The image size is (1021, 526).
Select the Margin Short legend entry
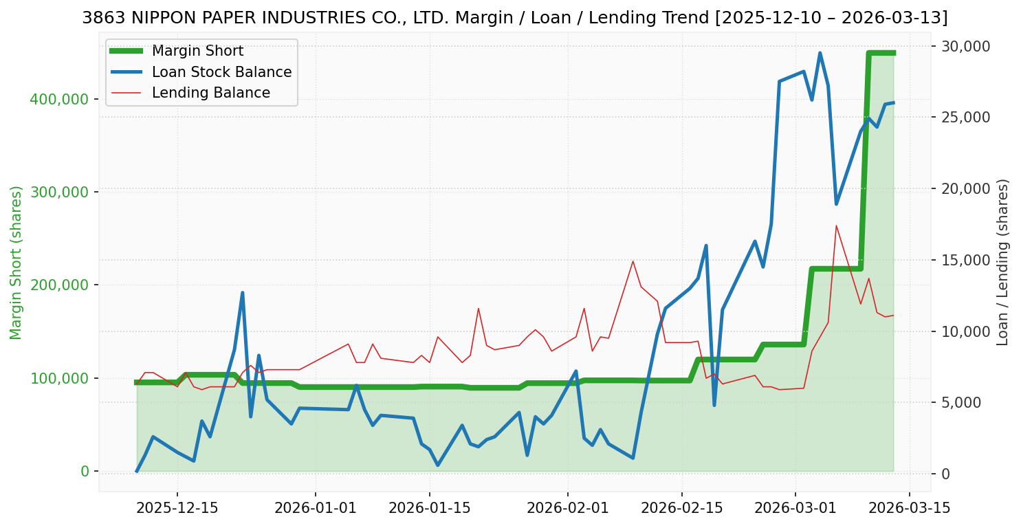pyautogui.click(x=197, y=51)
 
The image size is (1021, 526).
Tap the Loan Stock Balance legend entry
pyautogui.click(x=221, y=72)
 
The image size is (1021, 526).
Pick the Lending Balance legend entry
pyautogui.click(x=210, y=93)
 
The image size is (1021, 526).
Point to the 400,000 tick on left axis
pyautogui.click(x=59, y=99)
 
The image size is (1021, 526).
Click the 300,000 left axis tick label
pyautogui.click(x=59, y=192)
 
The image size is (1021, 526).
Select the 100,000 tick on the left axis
pyautogui.click(x=59, y=378)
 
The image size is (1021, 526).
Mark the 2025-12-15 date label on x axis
pyautogui.click(x=177, y=508)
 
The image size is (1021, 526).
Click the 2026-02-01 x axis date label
pyautogui.click(x=568, y=508)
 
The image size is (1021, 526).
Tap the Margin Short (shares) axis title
pyautogui.click(x=17, y=262)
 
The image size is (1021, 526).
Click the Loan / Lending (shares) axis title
pyautogui.click(x=1002, y=262)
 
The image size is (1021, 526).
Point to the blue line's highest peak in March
pyautogui.click(x=820, y=53)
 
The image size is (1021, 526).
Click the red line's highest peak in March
pyautogui.click(x=836, y=226)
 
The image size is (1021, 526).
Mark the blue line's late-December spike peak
pyautogui.click(x=242, y=293)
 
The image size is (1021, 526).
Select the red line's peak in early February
pyautogui.click(x=633, y=261)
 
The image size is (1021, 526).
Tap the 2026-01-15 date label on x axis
pyautogui.click(x=430, y=508)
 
